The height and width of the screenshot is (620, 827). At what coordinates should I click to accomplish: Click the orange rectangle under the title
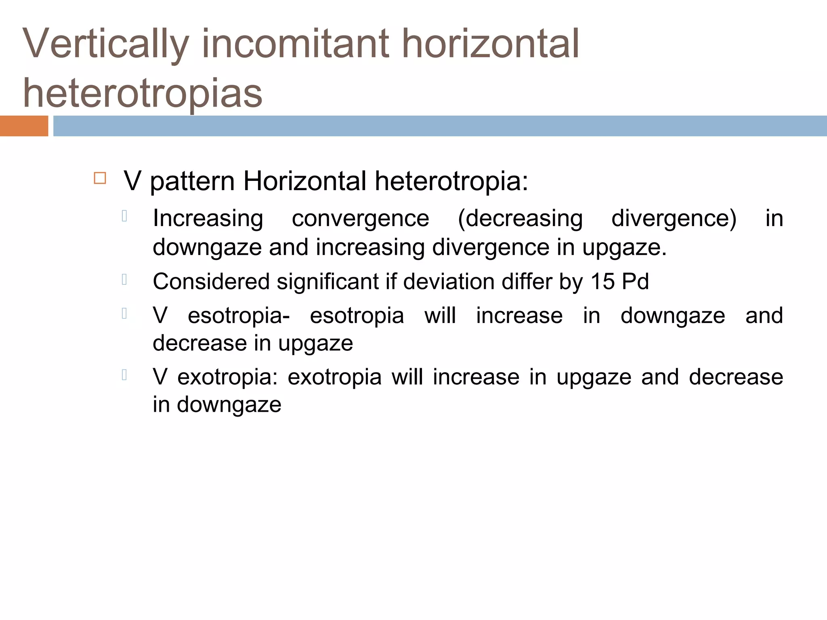click(24, 126)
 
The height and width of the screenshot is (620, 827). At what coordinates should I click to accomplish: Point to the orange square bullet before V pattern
click(100, 178)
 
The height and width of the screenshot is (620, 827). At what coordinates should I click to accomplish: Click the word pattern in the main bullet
click(192, 181)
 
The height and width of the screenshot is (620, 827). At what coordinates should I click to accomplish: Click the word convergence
click(360, 219)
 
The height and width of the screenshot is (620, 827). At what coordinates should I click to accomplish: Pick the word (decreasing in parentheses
click(520, 219)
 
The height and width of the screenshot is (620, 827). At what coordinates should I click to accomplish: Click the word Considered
click(211, 281)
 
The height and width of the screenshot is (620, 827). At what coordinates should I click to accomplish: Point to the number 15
click(602, 281)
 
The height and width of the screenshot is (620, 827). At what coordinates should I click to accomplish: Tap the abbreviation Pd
click(635, 281)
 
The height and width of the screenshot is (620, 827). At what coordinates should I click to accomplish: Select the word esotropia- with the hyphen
click(239, 316)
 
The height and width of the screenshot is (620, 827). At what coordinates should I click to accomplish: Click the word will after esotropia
click(440, 315)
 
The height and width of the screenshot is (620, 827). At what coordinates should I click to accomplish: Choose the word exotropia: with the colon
click(228, 377)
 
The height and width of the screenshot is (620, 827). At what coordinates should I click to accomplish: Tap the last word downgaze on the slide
click(229, 405)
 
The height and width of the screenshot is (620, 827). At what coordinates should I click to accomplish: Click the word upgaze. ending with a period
click(624, 247)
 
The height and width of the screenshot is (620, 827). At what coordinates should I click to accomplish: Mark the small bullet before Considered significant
click(124, 279)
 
